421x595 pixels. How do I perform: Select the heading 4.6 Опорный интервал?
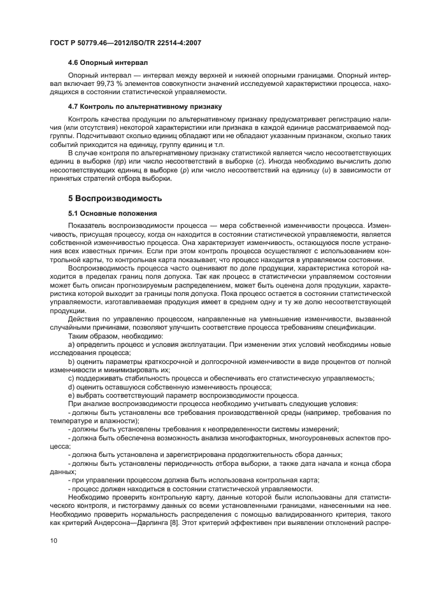(x=107, y=63)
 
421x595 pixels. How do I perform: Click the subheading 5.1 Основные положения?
(x=111, y=213)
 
